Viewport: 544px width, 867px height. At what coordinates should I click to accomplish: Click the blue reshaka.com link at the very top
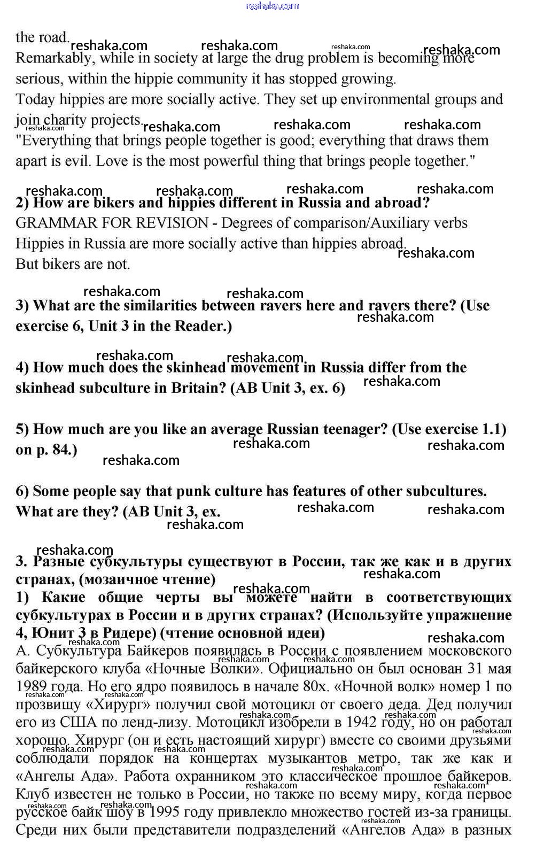coord(272,6)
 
